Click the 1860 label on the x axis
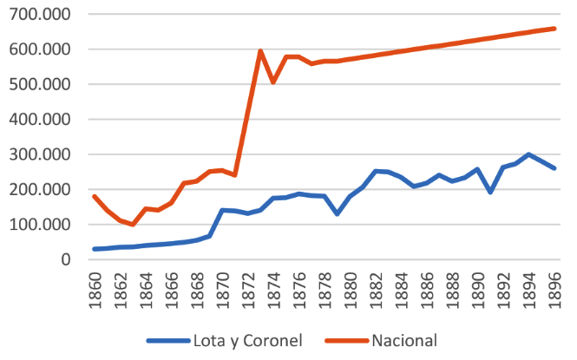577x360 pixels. pyautogui.click(x=95, y=285)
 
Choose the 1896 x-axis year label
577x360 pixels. pyautogui.click(x=554, y=285)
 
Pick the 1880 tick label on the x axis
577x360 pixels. pyautogui.click(x=351, y=285)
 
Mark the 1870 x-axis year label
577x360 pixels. pyautogui.click(x=223, y=285)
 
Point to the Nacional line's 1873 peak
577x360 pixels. pyautogui.click(x=260, y=51)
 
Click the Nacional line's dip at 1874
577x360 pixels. pyautogui.click(x=273, y=82)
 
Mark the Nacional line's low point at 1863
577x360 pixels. pyautogui.click(x=133, y=225)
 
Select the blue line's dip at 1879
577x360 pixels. pyautogui.click(x=337, y=213)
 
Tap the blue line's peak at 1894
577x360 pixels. pyautogui.click(x=528, y=154)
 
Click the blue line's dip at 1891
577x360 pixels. pyautogui.click(x=490, y=192)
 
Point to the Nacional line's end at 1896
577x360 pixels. pyautogui.click(x=554, y=29)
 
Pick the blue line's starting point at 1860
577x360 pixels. pyautogui.click(x=95, y=249)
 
